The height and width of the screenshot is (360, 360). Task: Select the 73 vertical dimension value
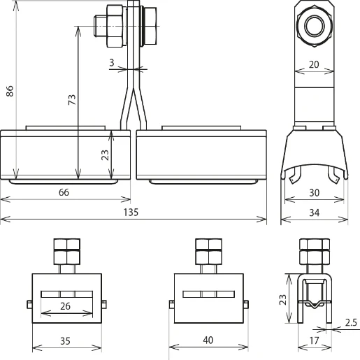pos(71,100)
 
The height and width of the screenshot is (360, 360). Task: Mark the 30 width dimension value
pos(314,192)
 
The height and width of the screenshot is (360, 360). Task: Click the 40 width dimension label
pos(208,342)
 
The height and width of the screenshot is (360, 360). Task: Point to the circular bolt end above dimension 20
pos(312,27)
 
